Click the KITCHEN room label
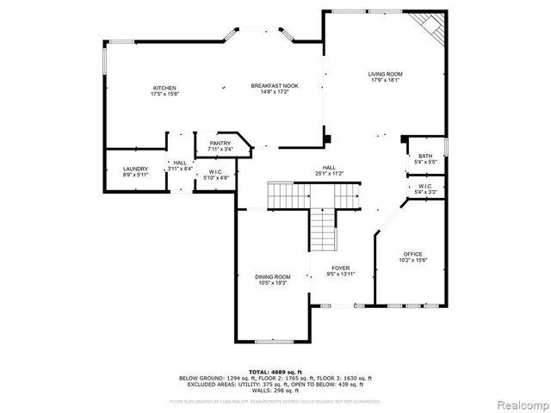(x=164, y=89)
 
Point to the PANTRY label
(x=220, y=143)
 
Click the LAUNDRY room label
(x=135, y=169)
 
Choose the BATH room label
(x=426, y=156)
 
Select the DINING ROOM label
(x=271, y=276)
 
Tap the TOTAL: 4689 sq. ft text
(x=275, y=372)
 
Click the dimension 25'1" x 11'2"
(x=329, y=174)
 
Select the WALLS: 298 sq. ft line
(x=275, y=390)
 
